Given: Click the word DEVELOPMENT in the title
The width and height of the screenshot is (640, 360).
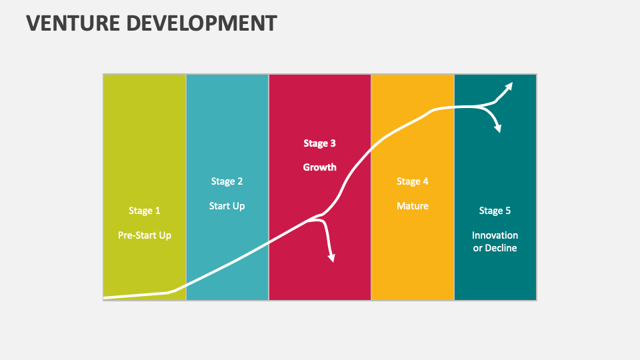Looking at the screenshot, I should [x=202, y=23].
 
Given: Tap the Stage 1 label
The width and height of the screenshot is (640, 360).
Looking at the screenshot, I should [x=145, y=211].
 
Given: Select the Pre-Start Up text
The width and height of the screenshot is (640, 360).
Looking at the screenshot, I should [x=145, y=235].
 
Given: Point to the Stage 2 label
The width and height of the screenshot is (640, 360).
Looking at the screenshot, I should [x=227, y=181].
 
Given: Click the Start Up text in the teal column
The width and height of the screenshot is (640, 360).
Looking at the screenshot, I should [x=227, y=206].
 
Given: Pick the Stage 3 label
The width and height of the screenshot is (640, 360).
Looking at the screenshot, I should [x=320, y=143].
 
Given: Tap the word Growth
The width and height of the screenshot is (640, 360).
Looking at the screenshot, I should [x=320, y=167].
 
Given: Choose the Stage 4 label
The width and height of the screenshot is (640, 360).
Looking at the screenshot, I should [x=413, y=181].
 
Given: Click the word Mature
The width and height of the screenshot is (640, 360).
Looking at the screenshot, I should [x=413, y=206].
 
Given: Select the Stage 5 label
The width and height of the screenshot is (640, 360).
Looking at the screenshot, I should [x=495, y=211].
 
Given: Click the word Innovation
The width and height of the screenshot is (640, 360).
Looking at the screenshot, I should [x=495, y=235].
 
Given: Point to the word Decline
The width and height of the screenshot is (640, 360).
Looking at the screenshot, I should [x=501, y=248].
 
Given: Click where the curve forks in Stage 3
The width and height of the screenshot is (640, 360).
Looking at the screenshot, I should [x=320, y=217].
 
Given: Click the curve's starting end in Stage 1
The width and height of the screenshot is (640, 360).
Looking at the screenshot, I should [x=105, y=297].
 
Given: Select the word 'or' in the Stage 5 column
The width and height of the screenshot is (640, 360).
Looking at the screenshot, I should [x=478, y=248].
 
